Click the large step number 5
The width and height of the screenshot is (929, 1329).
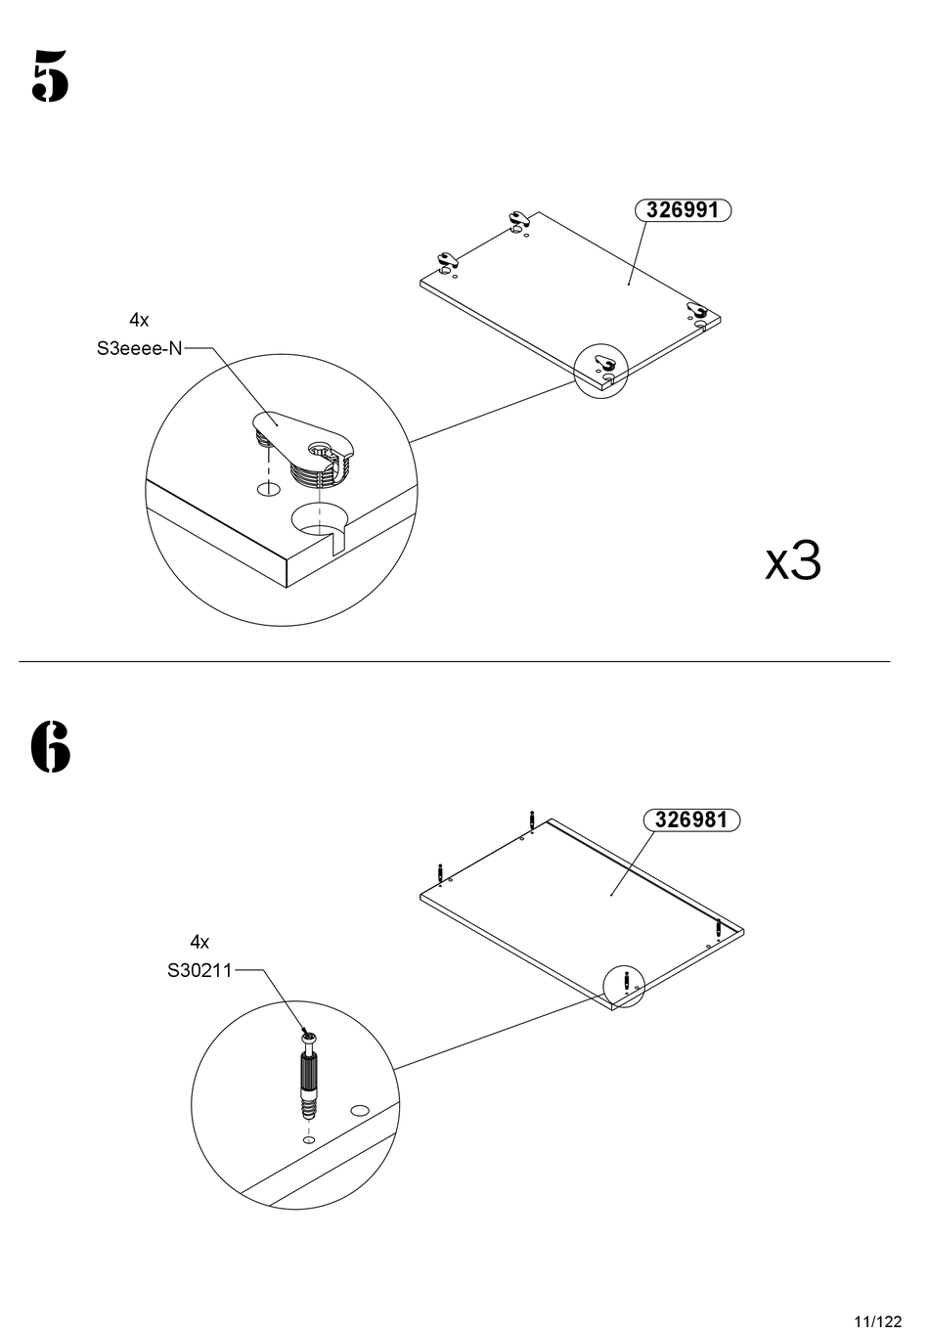pyautogui.click(x=50, y=75)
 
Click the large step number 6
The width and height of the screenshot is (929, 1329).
pyautogui.click(x=50, y=747)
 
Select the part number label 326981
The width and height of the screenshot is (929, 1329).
pyautogui.click(x=691, y=820)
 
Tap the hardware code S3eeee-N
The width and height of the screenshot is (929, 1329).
pyautogui.click(x=139, y=348)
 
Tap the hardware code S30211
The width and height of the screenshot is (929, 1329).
pyautogui.click(x=199, y=971)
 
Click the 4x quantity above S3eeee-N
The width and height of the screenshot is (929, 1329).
pyautogui.click(x=139, y=320)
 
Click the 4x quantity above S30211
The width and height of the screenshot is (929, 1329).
pyautogui.click(x=199, y=942)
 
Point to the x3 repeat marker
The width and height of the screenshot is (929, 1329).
pyautogui.click(x=792, y=561)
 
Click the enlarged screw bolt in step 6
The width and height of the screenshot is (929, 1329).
pyautogui.click(x=309, y=1077)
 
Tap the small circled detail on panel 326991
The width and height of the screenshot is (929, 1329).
pyautogui.click(x=599, y=370)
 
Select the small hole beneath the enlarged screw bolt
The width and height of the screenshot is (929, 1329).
pyautogui.click(x=309, y=1140)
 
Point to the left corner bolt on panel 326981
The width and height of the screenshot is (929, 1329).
pyautogui.click(x=440, y=871)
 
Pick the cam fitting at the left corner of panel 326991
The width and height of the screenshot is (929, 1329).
pyautogui.click(x=449, y=260)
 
